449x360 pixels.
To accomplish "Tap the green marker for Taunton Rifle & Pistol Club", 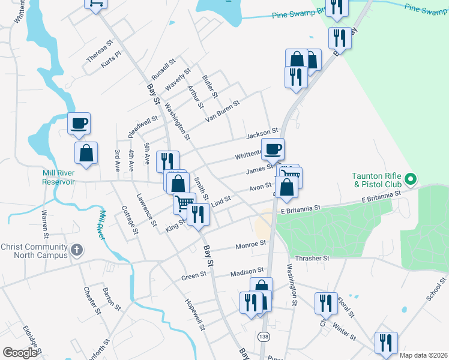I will (411, 178).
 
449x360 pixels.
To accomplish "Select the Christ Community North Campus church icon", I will (76, 249).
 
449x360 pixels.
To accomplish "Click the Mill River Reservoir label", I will (58, 177).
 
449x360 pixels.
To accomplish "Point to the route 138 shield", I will (264, 337).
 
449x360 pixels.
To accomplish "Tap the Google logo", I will (20, 353).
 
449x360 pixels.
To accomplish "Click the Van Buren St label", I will (222, 110).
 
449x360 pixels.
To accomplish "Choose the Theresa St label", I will (100, 52).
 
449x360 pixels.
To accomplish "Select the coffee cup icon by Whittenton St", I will (273, 149).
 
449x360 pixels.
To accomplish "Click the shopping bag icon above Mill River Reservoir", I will (86, 153).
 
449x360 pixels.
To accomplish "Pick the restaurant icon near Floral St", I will (325, 303).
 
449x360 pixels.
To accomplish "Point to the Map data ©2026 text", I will (423, 355).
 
